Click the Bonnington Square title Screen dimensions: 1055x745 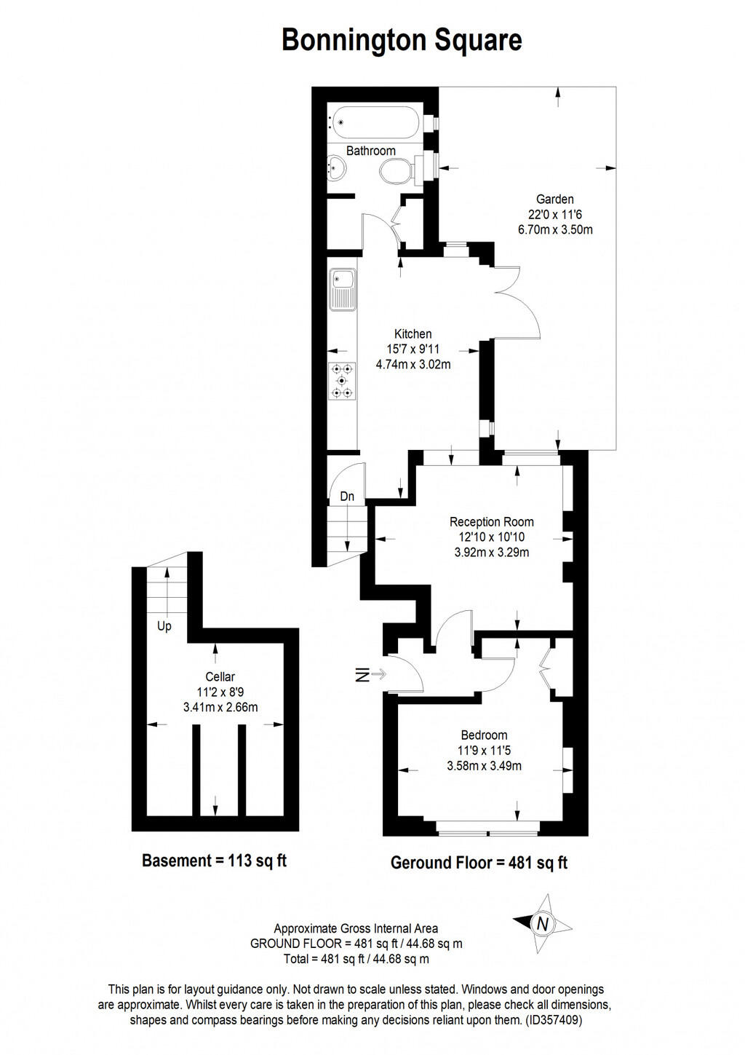402,40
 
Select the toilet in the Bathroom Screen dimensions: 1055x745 397,172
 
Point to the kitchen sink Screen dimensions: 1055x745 341,289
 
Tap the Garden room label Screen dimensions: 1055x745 554,199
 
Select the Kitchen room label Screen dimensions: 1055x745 413,334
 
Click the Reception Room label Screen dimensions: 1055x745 491,521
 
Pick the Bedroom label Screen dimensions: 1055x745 484,735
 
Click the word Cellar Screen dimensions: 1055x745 220,676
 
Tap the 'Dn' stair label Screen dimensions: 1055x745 347,497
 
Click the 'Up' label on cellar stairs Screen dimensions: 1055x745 164,626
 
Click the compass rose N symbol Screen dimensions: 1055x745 542,924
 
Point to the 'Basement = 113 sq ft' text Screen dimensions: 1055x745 214,861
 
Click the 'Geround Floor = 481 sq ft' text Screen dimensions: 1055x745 479,863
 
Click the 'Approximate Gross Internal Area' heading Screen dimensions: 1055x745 356,928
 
